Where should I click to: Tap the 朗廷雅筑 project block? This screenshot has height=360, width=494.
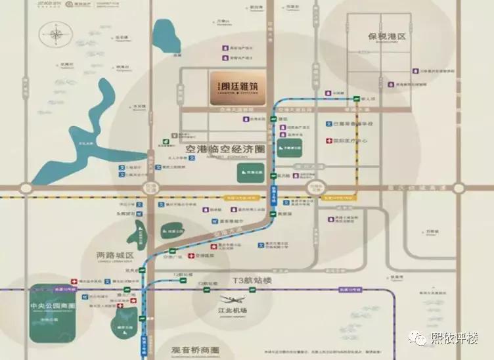(x=237, y=88)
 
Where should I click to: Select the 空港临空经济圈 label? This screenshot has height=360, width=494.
(x=217, y=150)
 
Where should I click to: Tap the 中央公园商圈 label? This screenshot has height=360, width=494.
(x=53, y=306)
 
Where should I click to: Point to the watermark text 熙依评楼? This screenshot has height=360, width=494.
(x=453, y=338)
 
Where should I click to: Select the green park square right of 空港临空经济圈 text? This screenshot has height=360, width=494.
(x=289, y=148)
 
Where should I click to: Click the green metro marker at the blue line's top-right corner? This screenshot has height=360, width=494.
(x=356, y=99)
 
